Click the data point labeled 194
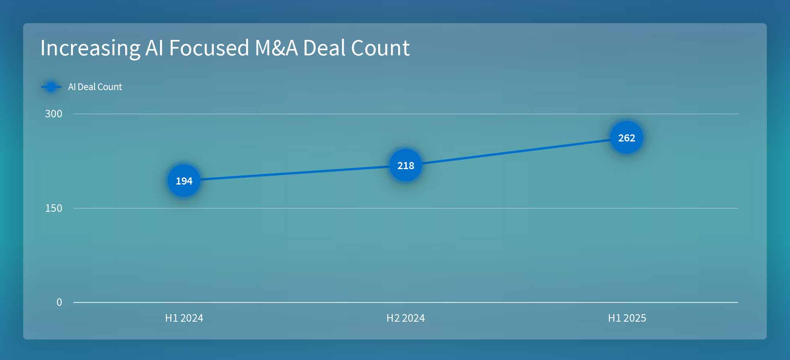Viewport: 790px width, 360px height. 184,181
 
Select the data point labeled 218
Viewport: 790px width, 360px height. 406,166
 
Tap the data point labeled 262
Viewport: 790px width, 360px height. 626,138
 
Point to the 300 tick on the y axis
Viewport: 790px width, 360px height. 54,114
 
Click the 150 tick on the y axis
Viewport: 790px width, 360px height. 54,208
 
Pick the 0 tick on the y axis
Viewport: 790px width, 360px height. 59,302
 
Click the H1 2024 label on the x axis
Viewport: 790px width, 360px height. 184,318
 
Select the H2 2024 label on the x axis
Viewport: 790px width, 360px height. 406,318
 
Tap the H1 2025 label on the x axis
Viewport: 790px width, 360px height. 627,318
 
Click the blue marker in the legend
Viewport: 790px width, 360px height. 51,87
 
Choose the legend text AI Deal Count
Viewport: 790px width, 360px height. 95,87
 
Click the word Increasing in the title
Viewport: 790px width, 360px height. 90,48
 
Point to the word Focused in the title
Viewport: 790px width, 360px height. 209,48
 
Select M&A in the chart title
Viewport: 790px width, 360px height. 276,48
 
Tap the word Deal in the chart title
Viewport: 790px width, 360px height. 324,48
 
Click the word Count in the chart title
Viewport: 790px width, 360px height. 380,48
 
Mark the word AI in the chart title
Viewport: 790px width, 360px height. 154,48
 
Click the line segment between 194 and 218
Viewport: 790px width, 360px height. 295,173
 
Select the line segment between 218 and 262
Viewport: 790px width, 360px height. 516,152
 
